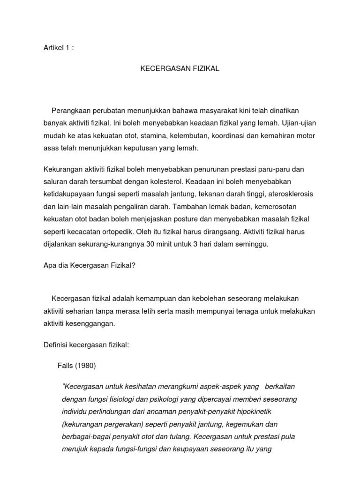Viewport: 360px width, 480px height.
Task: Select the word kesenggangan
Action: [93, 323]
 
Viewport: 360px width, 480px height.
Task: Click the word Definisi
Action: [55, 345]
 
